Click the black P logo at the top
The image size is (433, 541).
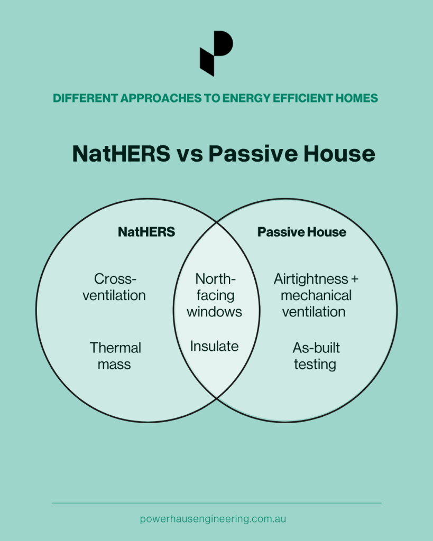coord(216,53)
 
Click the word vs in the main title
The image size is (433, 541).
coord(190,154)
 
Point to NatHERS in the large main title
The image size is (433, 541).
coord(121,154)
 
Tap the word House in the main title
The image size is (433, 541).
coord(339,154)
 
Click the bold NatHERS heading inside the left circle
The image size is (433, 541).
coord(146,232)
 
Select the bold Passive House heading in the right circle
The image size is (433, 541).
coord(301,232)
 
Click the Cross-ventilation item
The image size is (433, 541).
coord(114,287)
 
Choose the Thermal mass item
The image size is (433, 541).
coord(115,356)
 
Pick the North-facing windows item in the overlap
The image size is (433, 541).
coord(215,295)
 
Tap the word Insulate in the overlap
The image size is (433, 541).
coord(214,346)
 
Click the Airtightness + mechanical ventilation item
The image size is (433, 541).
coord(316,295)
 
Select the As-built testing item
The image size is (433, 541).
coord(316,356)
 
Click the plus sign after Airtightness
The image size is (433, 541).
coord(355,279)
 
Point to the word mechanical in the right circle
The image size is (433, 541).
coord(316,295)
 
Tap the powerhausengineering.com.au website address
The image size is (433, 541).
coord(213,519)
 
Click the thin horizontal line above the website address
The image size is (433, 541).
coord(217,503)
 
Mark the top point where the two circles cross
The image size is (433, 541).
coord(217,222)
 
